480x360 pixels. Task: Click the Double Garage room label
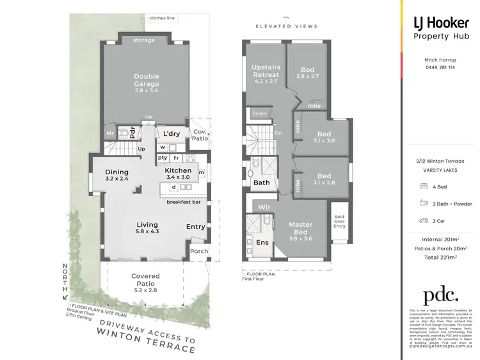tap(147, 81)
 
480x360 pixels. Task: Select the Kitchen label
tap(178, 171)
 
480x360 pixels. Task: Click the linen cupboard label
tap(259, 113)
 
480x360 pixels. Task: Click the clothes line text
tap(163, 18)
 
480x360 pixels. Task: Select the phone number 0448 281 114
tap(440, 67)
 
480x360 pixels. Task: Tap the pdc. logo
tap(440, 295)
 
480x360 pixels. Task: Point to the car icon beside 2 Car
tap(423, 220)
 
